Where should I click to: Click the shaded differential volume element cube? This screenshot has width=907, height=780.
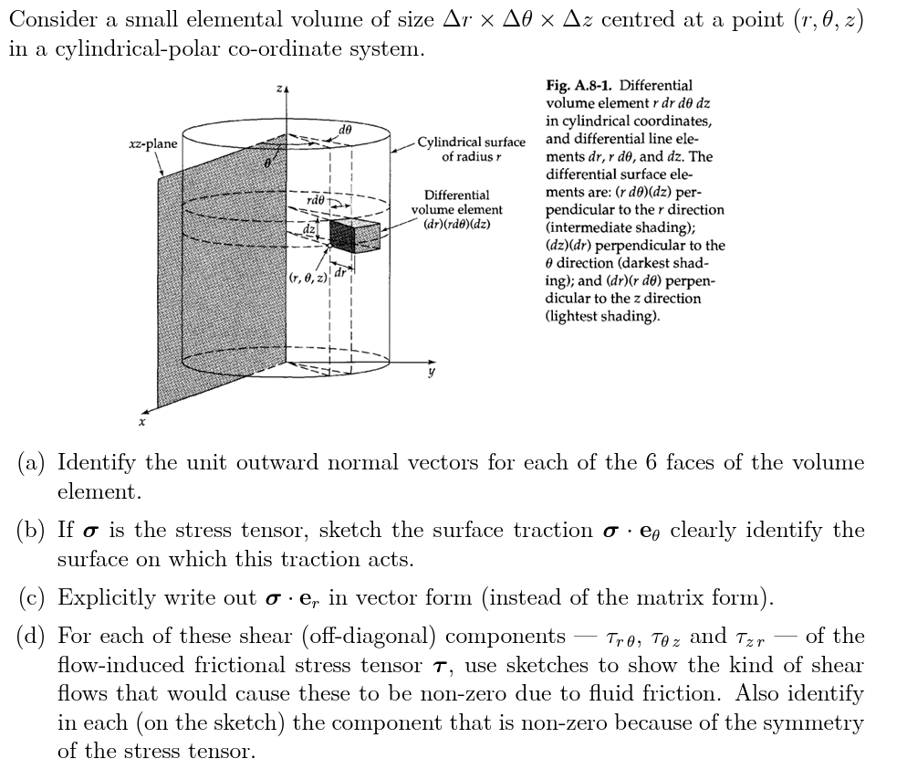pos(352,236)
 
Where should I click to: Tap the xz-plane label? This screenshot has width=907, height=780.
pos(151,143)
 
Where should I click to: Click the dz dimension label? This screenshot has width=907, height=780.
pos(310,230)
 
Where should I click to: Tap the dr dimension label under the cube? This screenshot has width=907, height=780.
pos(339,269)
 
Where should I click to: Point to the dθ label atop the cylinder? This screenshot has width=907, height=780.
pos(343,129)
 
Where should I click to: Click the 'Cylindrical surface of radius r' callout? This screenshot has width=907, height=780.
pos(471,149)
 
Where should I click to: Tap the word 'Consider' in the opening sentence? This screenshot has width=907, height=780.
pos(53,20)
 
